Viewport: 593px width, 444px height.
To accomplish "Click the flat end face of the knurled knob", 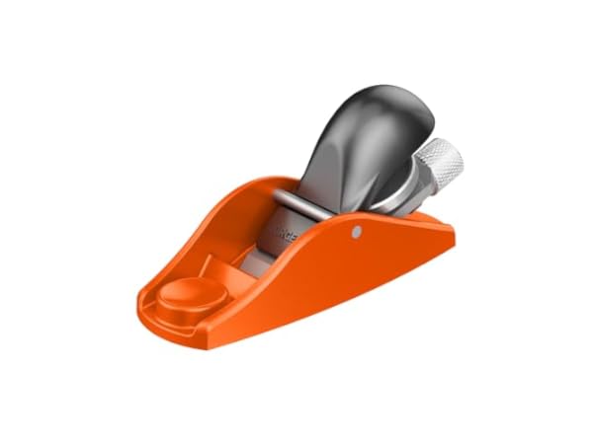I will click(x=454, y=155).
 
